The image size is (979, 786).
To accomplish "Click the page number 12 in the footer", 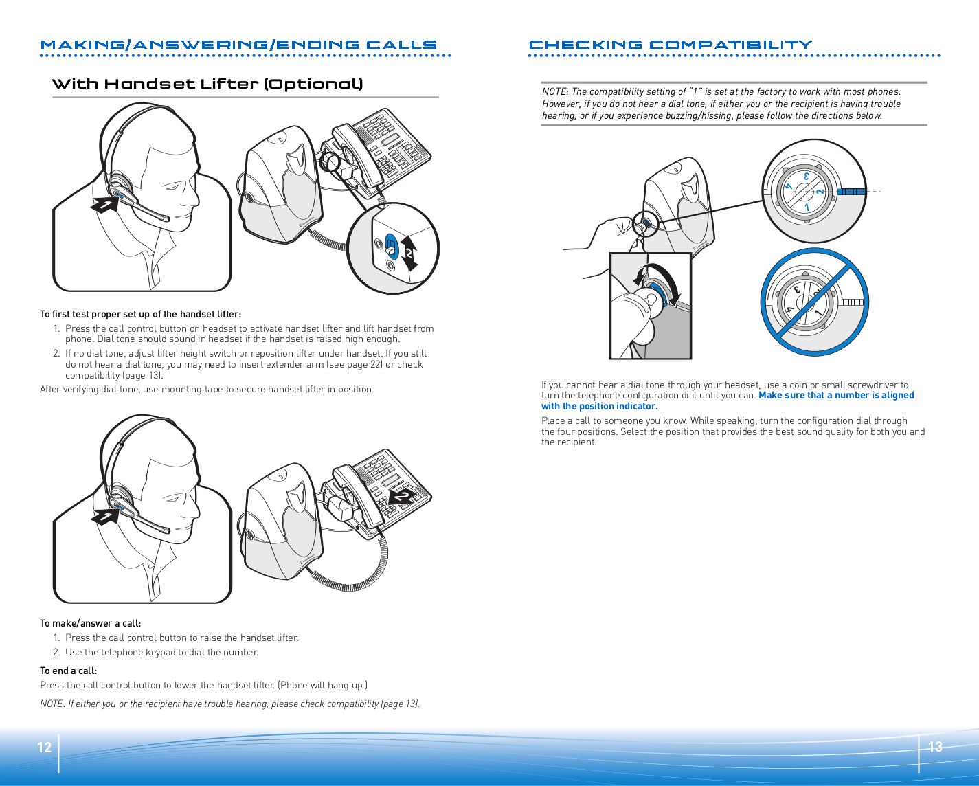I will (45, 748).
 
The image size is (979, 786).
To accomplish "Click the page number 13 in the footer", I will (935, 747).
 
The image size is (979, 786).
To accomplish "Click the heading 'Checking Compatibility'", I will (671, 45).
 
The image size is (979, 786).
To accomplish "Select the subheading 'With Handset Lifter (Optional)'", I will (207, 84).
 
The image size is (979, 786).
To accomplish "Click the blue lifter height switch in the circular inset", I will (391, 245).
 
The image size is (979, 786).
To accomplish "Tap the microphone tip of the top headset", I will (165, 218).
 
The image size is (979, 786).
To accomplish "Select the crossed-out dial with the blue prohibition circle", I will (815, 302).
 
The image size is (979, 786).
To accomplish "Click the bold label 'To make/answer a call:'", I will (90, 623).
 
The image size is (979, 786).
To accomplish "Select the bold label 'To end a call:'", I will (68, 671).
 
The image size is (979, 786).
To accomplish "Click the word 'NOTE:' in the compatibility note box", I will (555, 91).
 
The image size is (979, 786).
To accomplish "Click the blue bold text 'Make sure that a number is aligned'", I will (836, 395).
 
